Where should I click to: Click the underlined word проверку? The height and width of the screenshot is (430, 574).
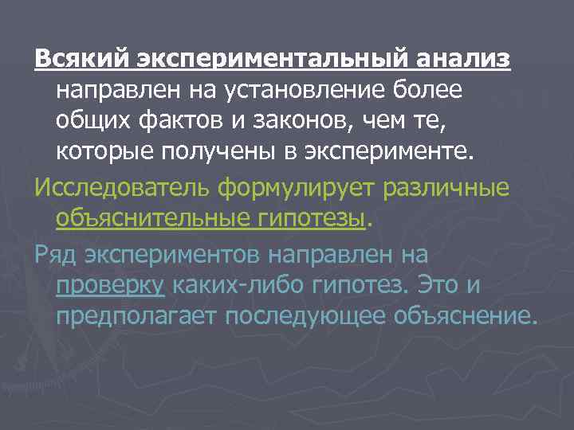coord(111,285)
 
